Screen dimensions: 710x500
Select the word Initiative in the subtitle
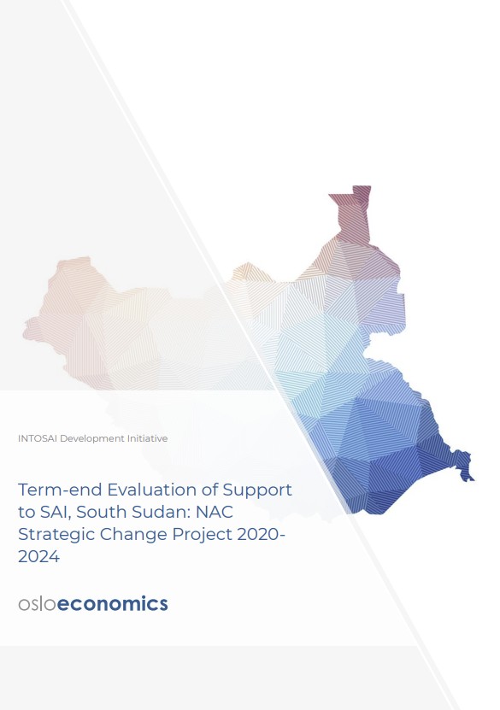tap(145, 438)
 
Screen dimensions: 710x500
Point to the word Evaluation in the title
tap(139, 490)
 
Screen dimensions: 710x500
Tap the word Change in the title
tap(130, 535)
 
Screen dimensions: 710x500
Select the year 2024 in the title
tap(38, 557)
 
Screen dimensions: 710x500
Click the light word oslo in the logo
tap(37, 604)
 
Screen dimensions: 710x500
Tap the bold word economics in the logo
tap(113, 604)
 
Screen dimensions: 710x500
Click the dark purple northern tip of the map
tap(361, 195)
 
